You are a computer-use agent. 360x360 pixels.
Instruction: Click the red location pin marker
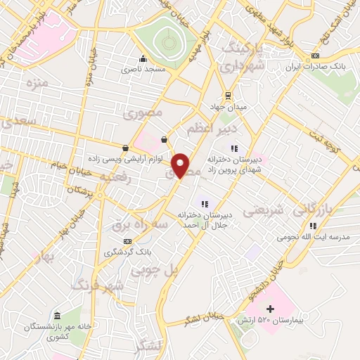[x=181, y=165]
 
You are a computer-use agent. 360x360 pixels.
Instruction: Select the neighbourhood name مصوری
[x=143, y=112]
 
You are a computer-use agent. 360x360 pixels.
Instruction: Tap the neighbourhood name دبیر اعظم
[x=206, y=129]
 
